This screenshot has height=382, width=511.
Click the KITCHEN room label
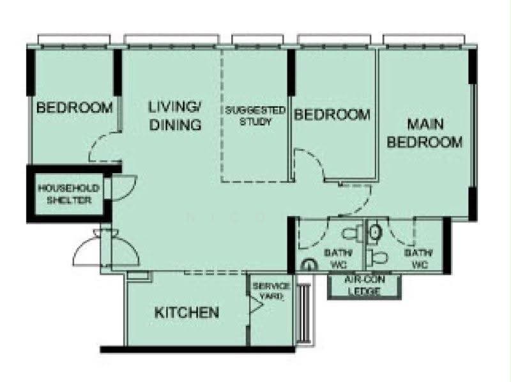187,312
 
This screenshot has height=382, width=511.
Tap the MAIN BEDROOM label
425,134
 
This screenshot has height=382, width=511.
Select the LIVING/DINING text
175,116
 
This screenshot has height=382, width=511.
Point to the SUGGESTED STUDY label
255,116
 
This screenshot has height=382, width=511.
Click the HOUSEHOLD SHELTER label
69,194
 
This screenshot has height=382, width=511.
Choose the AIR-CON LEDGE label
364,285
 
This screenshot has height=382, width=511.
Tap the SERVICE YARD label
271,291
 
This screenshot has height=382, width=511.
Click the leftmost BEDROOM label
75,107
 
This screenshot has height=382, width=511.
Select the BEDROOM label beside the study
332,115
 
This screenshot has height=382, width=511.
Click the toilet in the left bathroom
352,233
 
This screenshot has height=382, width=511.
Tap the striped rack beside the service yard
305,313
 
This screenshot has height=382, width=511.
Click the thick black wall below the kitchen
197,349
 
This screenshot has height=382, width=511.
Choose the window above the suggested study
257,40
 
